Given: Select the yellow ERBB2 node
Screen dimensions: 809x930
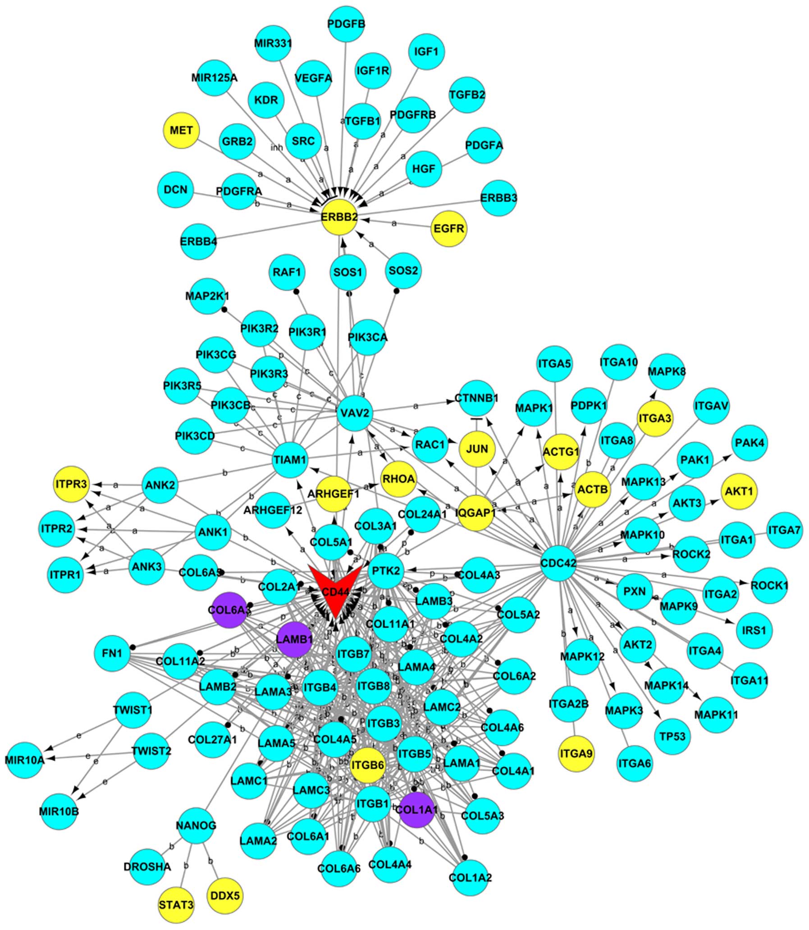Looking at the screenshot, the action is click(x=339, y=218).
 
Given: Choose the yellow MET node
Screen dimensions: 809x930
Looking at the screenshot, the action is click(x=181, y=130).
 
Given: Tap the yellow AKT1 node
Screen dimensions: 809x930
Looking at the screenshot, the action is click(x=739, y=491).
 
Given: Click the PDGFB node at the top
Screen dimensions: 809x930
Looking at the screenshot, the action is click(x=346, y=23).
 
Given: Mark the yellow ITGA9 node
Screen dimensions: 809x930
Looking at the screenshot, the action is click(x=576, y=753).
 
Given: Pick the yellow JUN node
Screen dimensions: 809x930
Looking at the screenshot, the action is click(x=477, y=449).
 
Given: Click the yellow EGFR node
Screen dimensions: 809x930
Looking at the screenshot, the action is click(x=449, y=229).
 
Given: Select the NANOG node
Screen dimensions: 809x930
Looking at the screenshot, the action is click(x=196, y=826).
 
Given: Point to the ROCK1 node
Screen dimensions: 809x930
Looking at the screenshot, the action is click(x=769, y=586).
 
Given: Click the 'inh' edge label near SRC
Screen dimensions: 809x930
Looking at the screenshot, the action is click(x=276, y=147).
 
